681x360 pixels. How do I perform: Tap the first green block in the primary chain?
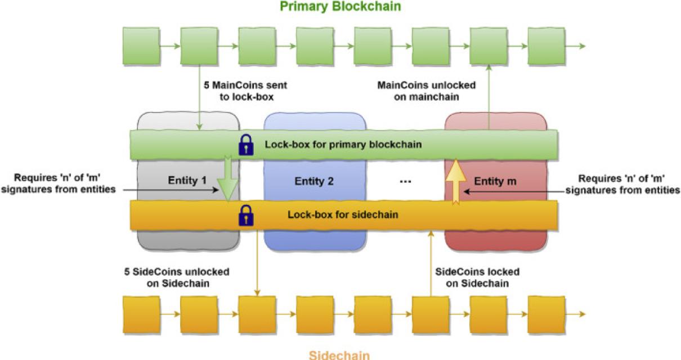tap(141, 46)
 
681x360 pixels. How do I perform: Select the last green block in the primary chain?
tap(546, 46)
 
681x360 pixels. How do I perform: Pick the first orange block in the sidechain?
tap(141, 314)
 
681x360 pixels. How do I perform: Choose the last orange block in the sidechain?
tap(546, 314)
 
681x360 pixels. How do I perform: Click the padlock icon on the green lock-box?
tap(246, 145)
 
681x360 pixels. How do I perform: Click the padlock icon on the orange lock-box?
tap(246, 215)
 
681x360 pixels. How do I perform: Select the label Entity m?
tap(495, 181)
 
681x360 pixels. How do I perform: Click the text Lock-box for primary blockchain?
tap(344, 145)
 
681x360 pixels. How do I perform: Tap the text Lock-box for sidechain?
tap(344, 214)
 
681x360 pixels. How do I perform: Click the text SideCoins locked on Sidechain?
tap(478, 277)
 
